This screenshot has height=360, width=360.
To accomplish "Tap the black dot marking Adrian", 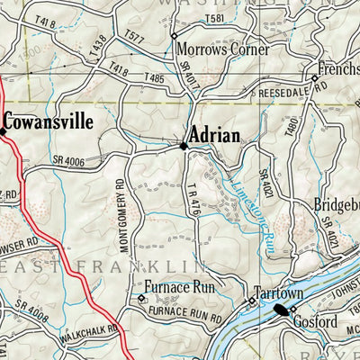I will click(184, 145).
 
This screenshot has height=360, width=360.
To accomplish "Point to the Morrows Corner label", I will click(224, 50).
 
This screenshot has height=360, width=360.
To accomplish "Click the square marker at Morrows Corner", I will click(173, 35).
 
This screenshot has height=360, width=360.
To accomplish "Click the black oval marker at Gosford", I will click(283, 310).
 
